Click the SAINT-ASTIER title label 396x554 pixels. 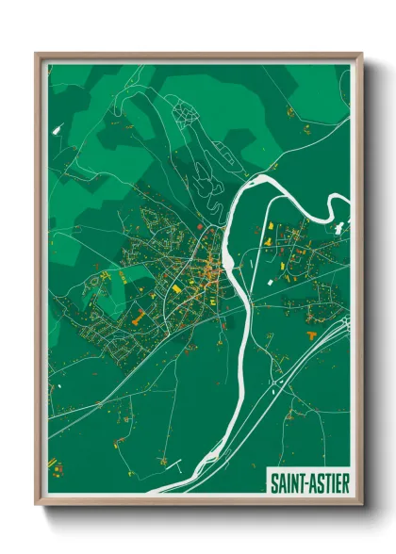309,483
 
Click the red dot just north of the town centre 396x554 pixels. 201,227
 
